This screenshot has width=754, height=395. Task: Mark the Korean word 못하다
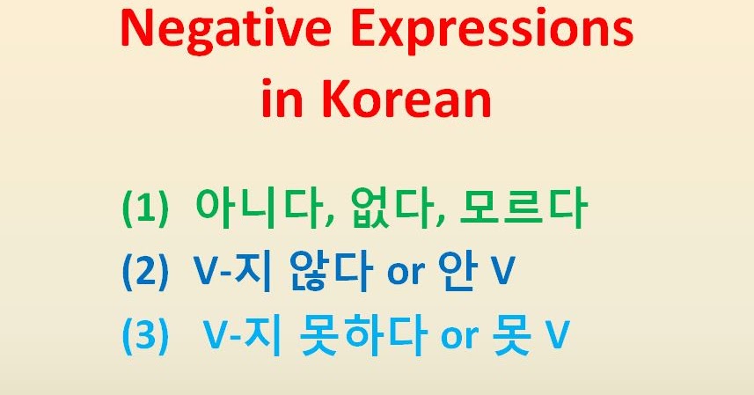[362, 335]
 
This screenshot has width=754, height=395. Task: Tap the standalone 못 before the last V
[512, 335]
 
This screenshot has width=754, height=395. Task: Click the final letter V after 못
[553, 337]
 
